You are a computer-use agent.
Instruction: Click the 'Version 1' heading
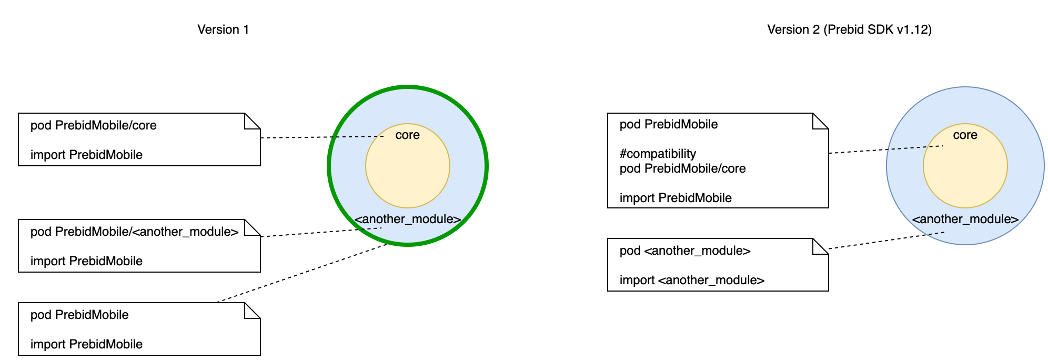pyautogui.click(x=223, y=29)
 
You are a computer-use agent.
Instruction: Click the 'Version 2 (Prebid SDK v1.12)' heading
pyautogui.click(x=849, y=29)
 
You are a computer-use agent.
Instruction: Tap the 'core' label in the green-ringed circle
pyautogui.click(x=407, y=135)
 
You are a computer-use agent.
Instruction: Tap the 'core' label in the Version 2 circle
pyautogui.click(x=965, y=135)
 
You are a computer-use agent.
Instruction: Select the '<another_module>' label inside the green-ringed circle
pyautogui.click(x=407, y=219)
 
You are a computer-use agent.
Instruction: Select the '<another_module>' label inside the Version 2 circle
pyautogui.click(x=965, y=219)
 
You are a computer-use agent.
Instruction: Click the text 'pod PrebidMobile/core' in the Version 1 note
pyautogui.click(x=94, y=125)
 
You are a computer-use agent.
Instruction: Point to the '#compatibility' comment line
pyautogui.click(x=658, y=154)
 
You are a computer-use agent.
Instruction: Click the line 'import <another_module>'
pyautogui.click(x=692, y=280)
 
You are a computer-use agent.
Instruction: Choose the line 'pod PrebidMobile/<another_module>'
pyautogui.click(x=135, y=232)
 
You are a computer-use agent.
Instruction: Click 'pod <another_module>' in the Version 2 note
pyautogui.click(x=685, y=251)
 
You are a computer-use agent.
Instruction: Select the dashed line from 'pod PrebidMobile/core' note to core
pyautogui.click(x=321, y=137)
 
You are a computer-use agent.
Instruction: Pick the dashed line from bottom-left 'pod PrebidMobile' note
pyautogui.click(x=303, y=273)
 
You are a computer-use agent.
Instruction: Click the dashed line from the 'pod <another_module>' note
pyautogui.click(x=886, y=241)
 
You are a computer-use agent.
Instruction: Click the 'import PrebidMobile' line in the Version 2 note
pyautogui.click(x=676, y=198)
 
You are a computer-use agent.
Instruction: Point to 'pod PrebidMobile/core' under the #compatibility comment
pyautogui.click(x=682, y=168)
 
